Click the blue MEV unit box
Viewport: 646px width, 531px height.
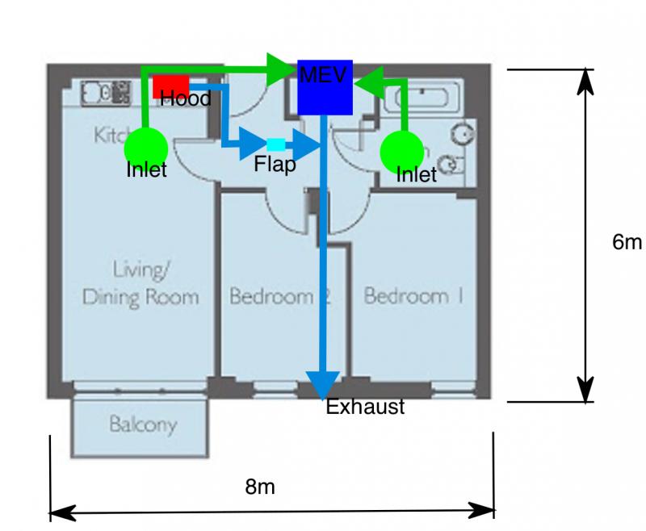pyautogui.click(x=325, y=87)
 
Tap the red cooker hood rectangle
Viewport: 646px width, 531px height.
pyautogui.click(x=170, y=85)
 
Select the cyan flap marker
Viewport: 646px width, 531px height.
pyautogui.click(x=275, y=144)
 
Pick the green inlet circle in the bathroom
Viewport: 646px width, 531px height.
pyautogui.click(x=401, y=151)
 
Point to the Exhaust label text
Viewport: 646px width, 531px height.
pyautogui.click(x=364, y=408)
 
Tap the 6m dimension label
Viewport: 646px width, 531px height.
pyautogui.click(x=627, y=242)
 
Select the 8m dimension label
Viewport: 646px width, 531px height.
pyautogui.click(x=260, y=487)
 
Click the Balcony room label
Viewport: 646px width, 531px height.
pyautogui.click(x=143, y=424)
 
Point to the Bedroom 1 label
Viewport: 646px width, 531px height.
pyautogui.click(x=413, y=296)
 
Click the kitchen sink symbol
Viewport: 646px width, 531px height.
pyautogui.click(x=105, y=93)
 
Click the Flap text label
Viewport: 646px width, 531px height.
pyautogui.click(x=275, y=165)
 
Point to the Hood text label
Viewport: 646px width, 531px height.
pyautogui.click(x=186, y=99)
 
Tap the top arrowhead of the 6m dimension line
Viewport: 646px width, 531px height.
pyautogui.click(x=586, y=81)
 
